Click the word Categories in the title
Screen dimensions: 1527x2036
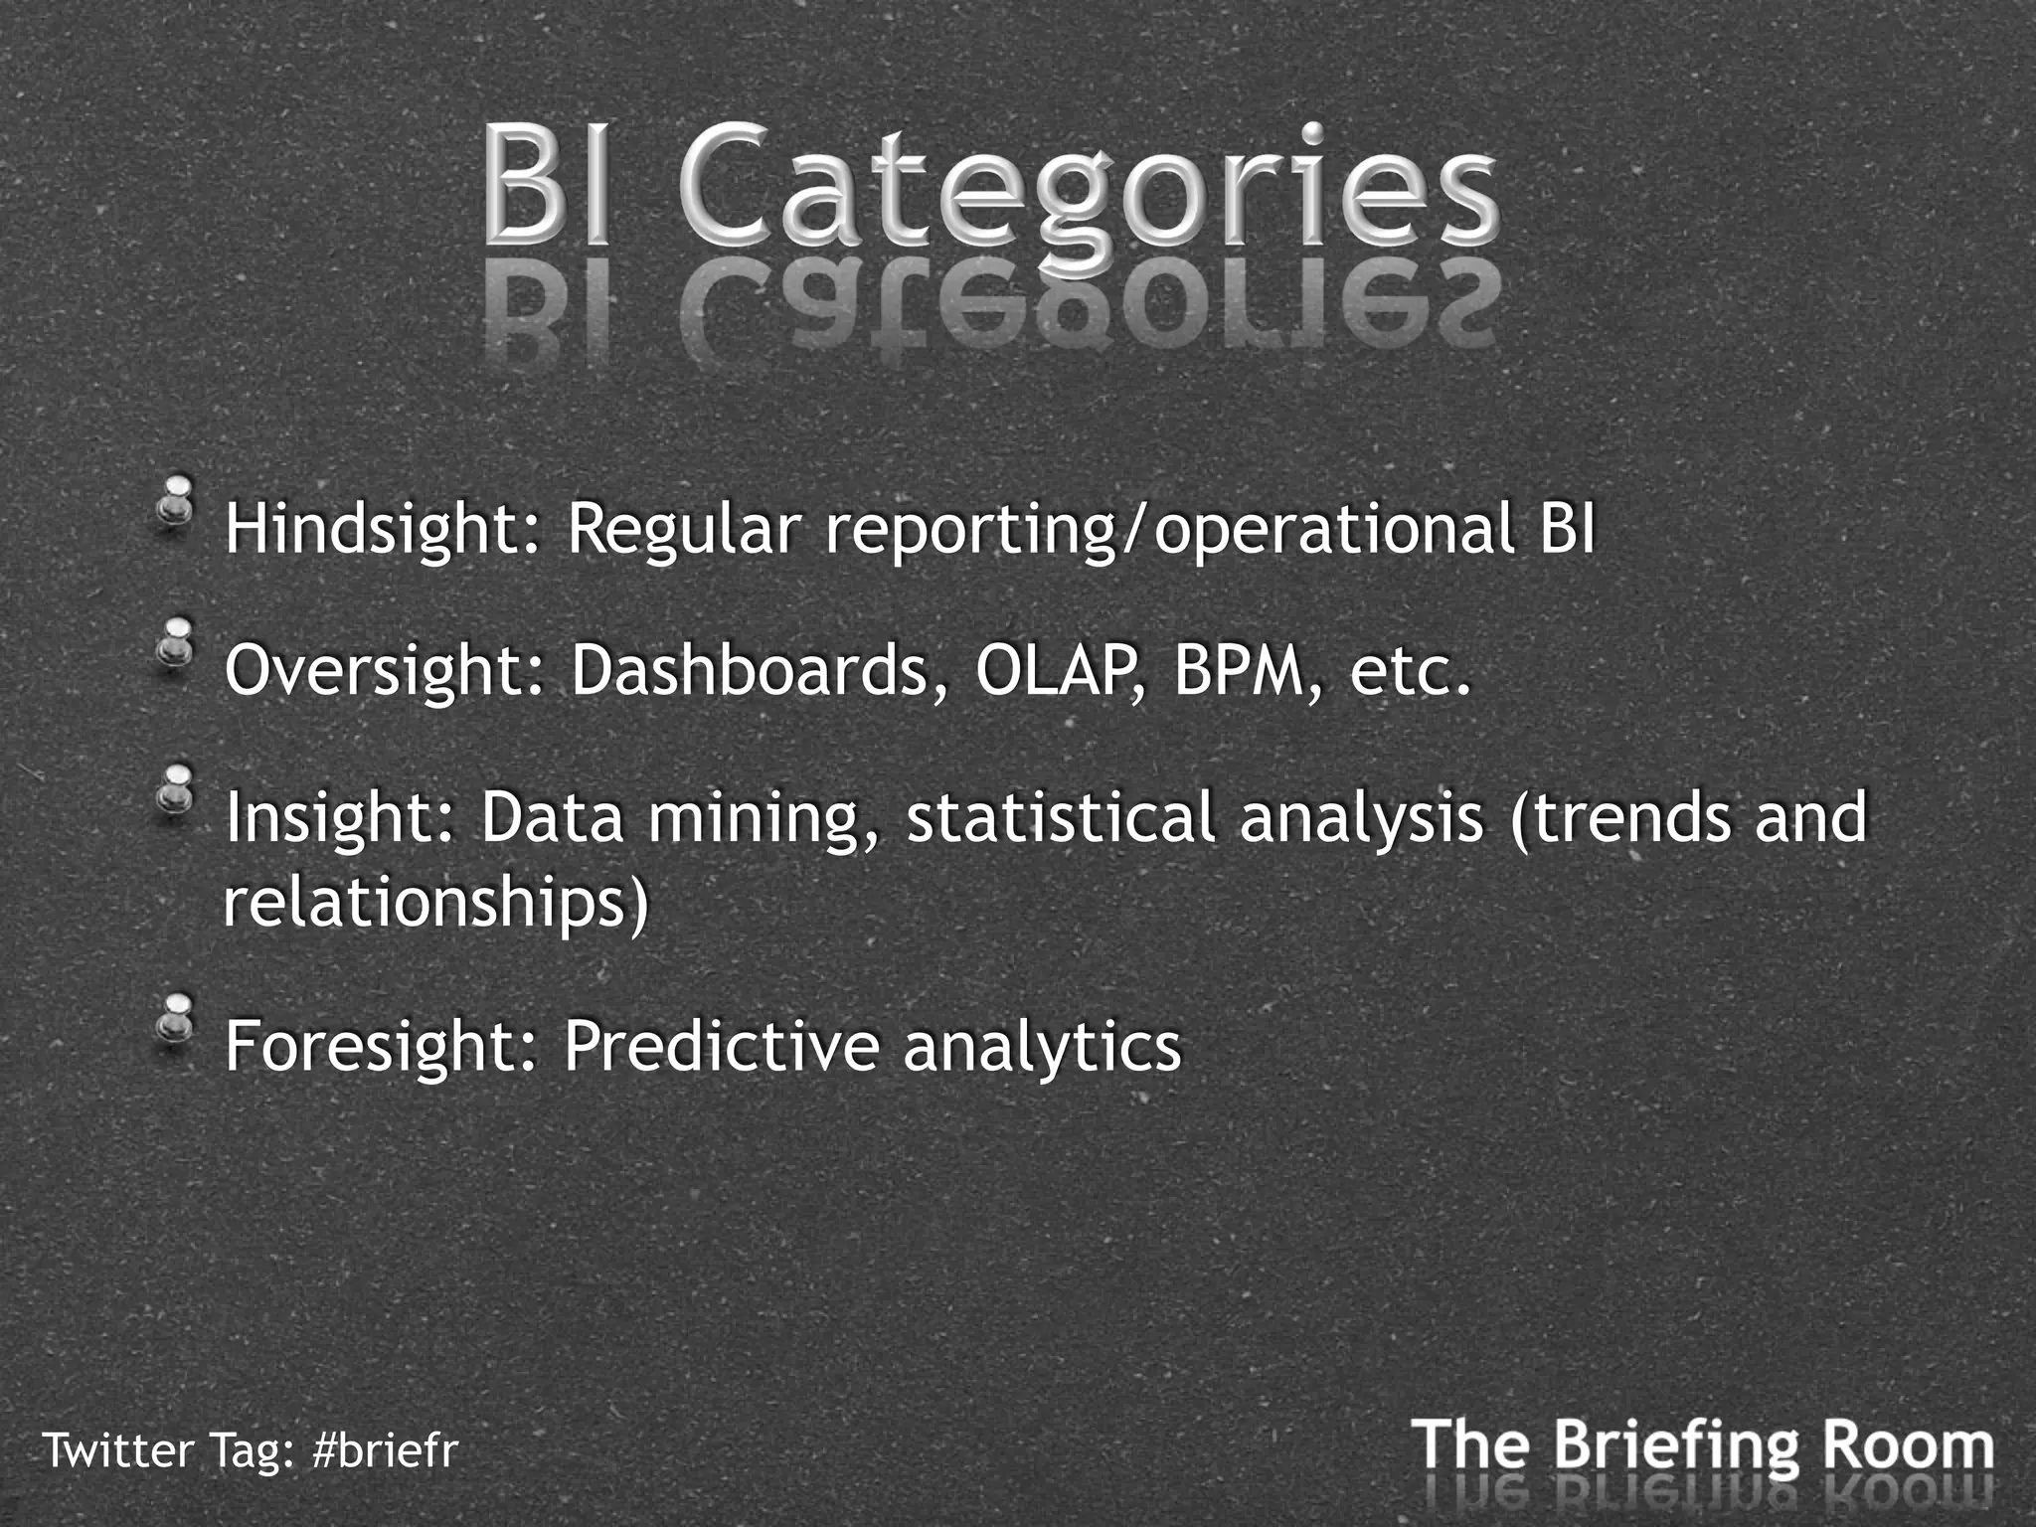tap(1089, 189)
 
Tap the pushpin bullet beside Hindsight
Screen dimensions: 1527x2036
tap(178, 503)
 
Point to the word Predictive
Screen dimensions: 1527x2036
tap(722, 1047)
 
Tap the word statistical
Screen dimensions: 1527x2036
tap(1061, 817)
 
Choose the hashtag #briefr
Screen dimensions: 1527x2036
tap(385, 1450)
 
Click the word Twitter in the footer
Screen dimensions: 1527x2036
tap(118, 1450)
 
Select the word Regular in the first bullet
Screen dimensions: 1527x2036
tap(683, 529)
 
